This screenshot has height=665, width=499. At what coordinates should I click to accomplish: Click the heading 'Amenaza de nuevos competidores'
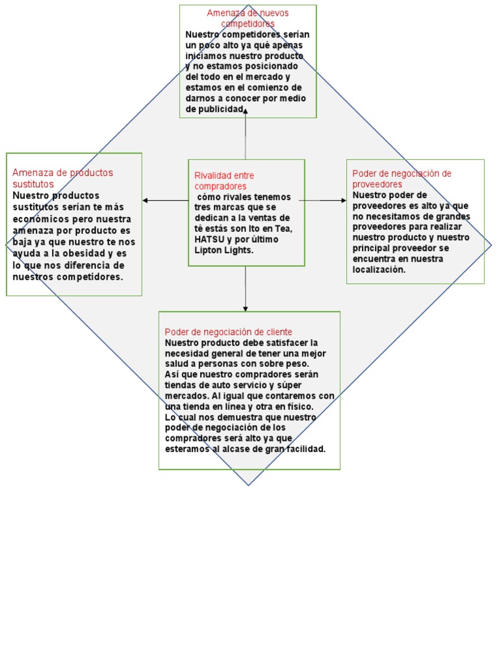click(248, 18)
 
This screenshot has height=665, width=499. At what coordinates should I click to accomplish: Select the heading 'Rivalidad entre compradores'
click(224, 181)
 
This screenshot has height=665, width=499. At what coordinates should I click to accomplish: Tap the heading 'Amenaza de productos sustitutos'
click(62, 178)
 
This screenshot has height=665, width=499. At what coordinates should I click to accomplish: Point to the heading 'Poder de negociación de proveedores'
click(402, 179)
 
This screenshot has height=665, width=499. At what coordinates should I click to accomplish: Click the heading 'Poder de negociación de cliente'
click(228, 332)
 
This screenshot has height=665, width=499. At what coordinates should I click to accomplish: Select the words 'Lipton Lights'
click(224, 250)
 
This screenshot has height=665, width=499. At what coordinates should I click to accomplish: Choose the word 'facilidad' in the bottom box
click(303, 449)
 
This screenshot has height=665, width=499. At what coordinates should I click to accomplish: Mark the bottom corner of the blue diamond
click(248, 484)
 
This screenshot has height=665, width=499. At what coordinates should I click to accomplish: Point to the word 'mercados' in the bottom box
click(185, 395)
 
